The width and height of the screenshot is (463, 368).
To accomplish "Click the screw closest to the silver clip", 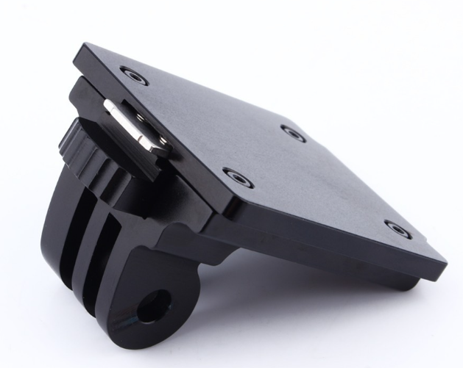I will pos(134,74).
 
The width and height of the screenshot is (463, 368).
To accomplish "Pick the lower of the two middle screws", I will pos(238,178).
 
